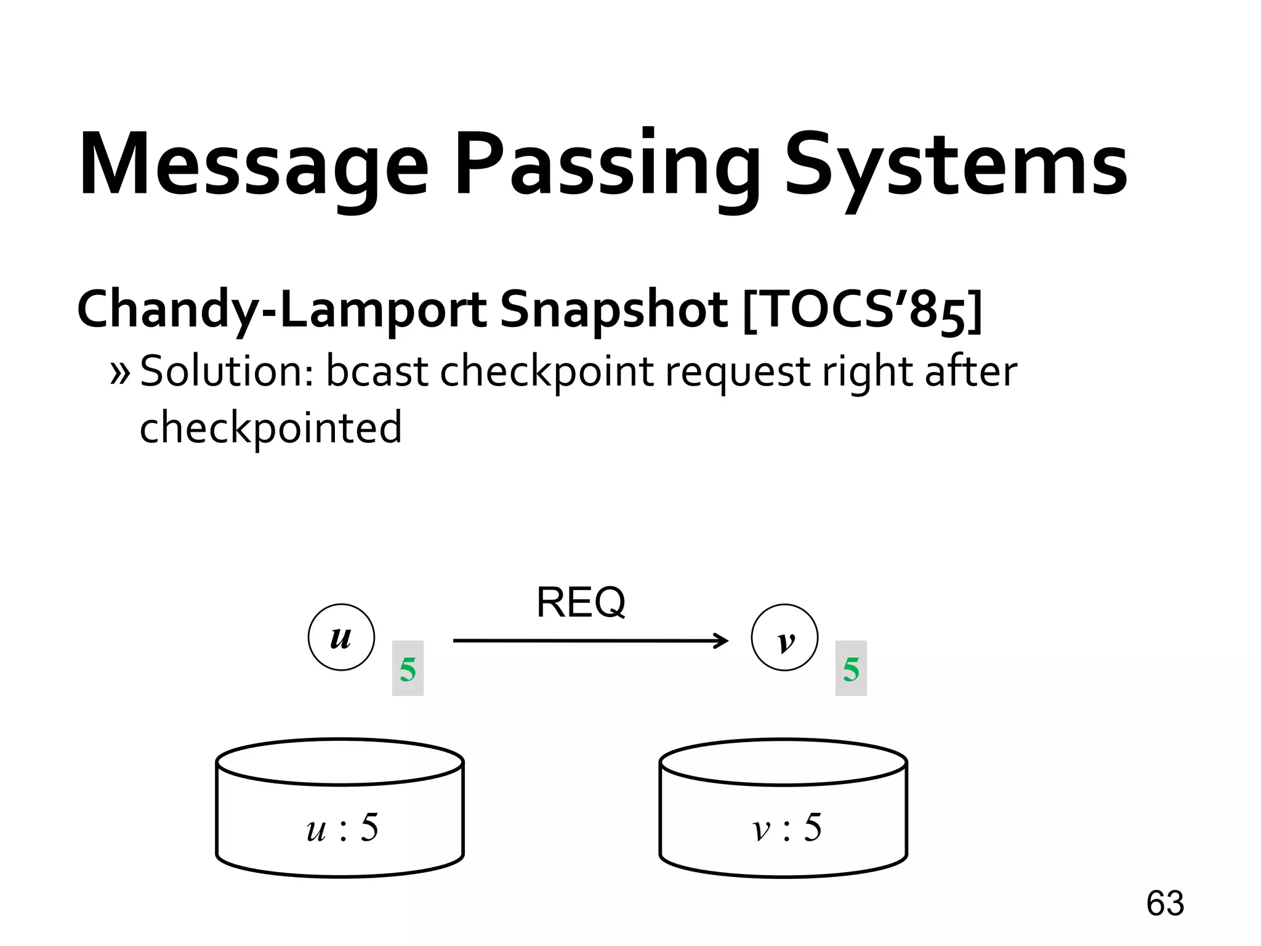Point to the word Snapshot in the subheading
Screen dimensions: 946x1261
[x=613, y=310]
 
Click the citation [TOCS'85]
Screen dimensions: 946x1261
[x=862, y=310]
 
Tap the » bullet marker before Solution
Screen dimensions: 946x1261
[x=121, y=373]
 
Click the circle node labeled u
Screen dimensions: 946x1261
[x=341, y=637]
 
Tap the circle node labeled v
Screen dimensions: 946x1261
[x=784, y=637]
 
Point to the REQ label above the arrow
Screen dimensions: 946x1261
[x=581, y=602]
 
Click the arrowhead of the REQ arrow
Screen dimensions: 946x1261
[x=722, y=641]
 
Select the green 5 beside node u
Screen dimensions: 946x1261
[x=408, y=669]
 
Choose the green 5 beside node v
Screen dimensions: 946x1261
[x=851, y=669]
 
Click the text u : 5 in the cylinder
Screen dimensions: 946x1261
[x=342, y=827]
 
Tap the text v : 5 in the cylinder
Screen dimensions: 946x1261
[x=787, y=827]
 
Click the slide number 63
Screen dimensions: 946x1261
[x=1165, y=904]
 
